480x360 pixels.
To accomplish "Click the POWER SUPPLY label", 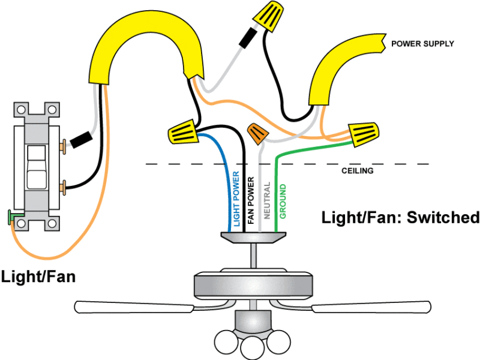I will [x=422, y=44].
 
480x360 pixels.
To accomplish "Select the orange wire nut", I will [x=257, y=133].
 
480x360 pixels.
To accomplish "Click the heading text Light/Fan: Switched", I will [x=400, y=217].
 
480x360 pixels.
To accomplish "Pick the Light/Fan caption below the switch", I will [x=38, y=277].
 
